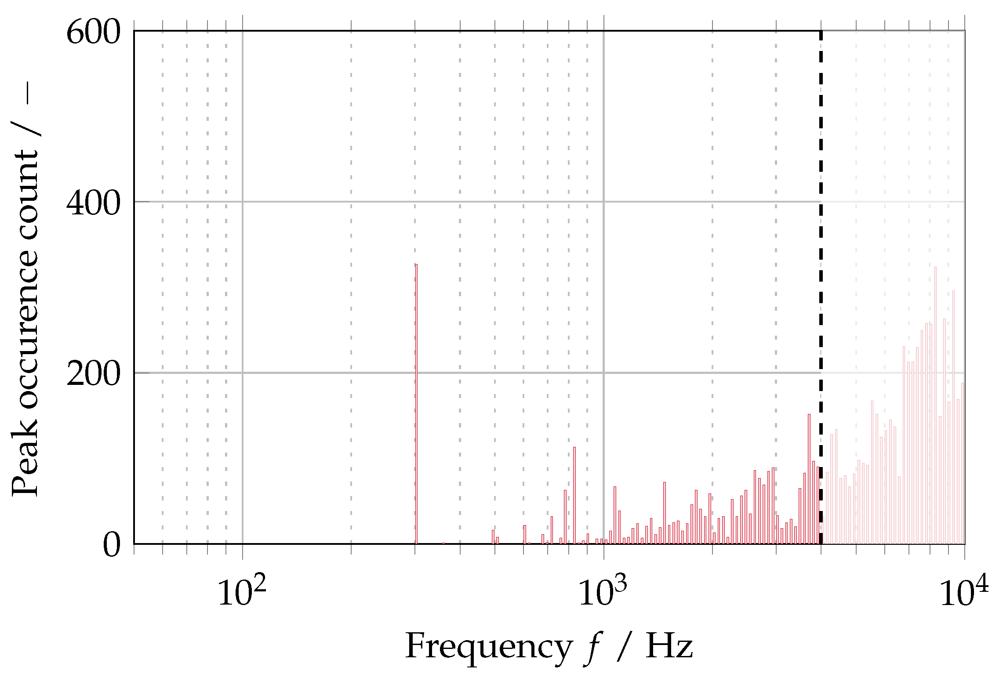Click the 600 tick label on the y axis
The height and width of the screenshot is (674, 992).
[x=93, y=33]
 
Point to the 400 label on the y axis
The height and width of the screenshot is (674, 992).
[x=93, y=203]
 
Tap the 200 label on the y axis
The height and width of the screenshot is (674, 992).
[x=93, y=374]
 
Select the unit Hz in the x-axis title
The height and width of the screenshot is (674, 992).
[x=669, y=646]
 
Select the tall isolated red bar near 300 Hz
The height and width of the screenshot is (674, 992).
[x=416, y=404]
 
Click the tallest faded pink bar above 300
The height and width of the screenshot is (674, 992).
[x=935, y=404]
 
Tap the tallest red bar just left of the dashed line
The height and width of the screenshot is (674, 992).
[x=809, y=479]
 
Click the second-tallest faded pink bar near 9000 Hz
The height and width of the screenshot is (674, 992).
[x=953, y=417]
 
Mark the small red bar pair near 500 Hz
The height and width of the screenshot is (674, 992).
[x=495, y=537]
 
